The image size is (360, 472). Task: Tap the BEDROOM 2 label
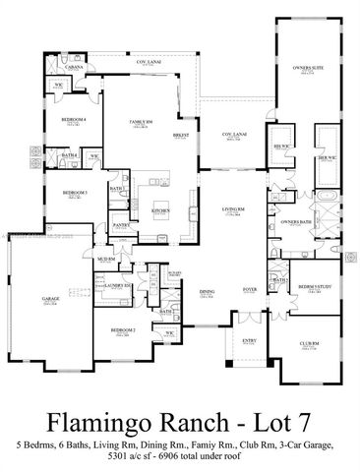click(122, 329)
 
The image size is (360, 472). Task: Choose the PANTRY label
click(122, 225)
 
